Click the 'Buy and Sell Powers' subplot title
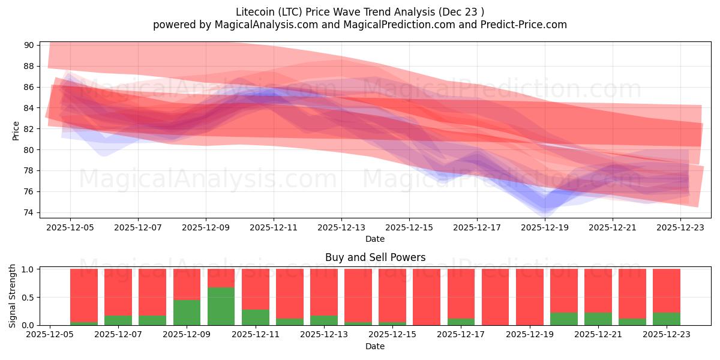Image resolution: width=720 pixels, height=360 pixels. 375,257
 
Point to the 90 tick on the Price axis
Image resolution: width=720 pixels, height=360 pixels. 28,45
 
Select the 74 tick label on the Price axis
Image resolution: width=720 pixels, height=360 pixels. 28,212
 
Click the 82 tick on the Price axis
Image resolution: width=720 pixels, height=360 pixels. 28,129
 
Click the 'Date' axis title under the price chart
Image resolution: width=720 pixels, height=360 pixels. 375,239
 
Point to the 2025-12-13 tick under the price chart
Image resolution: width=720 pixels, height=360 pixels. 341,228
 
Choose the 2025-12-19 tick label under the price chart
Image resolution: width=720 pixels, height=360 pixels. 545,228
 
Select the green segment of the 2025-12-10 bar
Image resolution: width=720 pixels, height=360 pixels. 221,307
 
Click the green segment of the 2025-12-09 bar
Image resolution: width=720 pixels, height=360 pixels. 187,313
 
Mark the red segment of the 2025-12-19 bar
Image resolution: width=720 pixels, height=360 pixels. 529,296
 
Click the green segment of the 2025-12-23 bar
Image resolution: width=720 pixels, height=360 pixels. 667,319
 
